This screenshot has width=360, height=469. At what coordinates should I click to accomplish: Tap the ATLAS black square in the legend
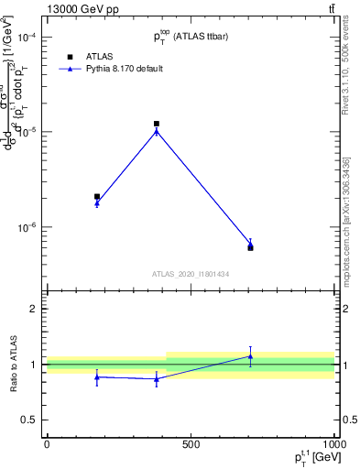tap(70, 56)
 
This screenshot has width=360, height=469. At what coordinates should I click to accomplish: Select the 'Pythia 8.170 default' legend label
tap(125, 69)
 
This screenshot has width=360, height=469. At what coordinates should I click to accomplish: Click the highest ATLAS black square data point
tap(157, 124)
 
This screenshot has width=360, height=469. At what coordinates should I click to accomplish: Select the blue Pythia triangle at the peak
tap(157, 131)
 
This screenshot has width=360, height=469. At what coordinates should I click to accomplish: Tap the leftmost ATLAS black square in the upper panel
tap(97, 196)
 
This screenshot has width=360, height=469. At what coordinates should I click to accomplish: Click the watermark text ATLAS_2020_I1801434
tap(191, 273)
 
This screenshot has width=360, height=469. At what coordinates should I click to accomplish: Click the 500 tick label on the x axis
tap(191, 444)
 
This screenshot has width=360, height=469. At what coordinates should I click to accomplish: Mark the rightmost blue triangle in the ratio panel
tap(250, 356)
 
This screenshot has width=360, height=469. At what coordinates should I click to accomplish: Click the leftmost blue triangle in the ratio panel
tap(97, 376)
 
